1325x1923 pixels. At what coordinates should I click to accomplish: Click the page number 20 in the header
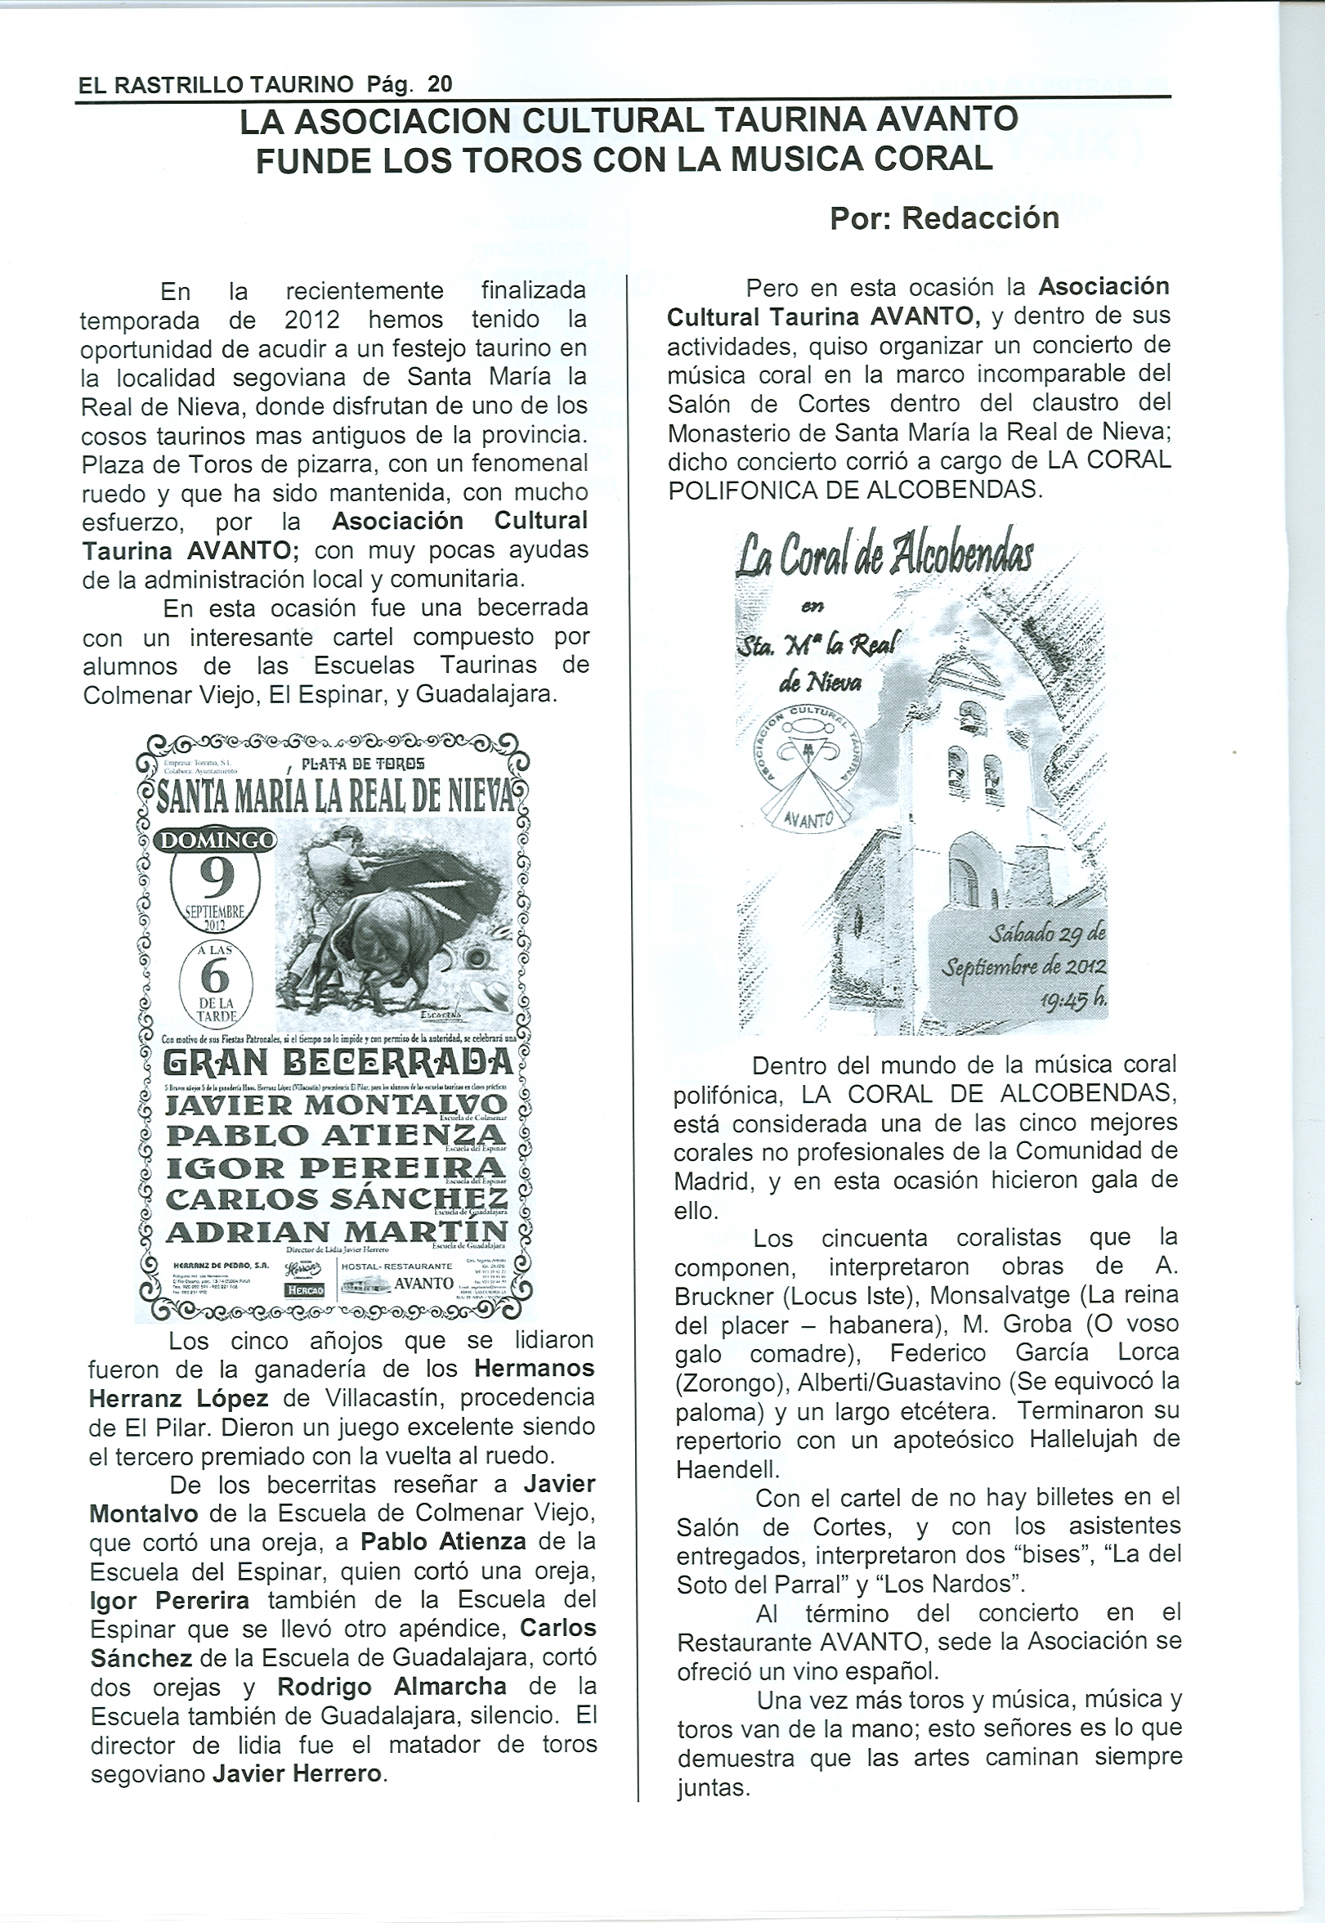[x=439, y=84]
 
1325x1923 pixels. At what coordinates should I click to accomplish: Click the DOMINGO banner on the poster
[x=217, y=840]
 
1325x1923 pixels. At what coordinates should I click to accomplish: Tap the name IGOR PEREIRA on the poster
[x=336, y=1168]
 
